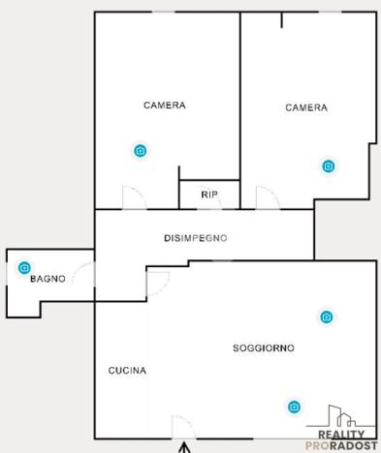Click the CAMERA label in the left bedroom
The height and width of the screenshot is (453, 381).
coord(164,106)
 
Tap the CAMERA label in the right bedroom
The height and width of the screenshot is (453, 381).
coord(305,107)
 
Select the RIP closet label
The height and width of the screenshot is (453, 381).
coord(209,195)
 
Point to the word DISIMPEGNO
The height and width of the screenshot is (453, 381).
coord(195,238)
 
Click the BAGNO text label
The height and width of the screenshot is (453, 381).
coord(48,279)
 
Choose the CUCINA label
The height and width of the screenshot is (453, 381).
coord(127,371)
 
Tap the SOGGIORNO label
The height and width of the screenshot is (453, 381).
coord(264,347)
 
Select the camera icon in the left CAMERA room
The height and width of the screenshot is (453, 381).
coord(141,150)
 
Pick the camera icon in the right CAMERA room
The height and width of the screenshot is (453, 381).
coord(329,166)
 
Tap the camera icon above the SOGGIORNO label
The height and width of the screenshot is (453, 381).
coord(327,317)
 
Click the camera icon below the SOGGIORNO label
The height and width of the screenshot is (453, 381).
coord(293,408)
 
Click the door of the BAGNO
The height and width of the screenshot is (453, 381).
coord(84,280)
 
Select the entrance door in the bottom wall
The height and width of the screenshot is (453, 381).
coord(180,427)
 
